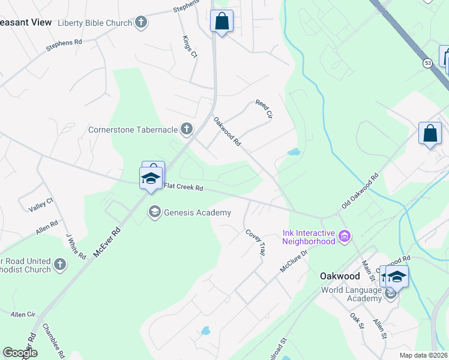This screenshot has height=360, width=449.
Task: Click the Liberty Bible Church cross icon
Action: click(x=141, y=23)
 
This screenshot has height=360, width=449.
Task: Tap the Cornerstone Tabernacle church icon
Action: click(x=187, y=128)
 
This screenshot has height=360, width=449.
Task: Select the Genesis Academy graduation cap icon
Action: click(x=155, y=212)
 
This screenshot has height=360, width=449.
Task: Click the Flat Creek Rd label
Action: click(x=184, y=188)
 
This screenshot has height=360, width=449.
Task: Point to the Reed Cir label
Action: click(x=264, y=109)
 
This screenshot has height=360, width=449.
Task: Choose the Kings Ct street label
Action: click(x=189, y=46)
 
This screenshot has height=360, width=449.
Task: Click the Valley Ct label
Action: click(x=41, y=205)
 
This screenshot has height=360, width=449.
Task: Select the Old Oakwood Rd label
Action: click(x=360, y=191)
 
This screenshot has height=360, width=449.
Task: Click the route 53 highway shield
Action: click(x=427, y=62)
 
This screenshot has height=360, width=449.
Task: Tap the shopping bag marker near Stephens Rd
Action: click(x=221, y=21)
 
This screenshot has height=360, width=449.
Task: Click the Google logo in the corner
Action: click(x=19, y=353)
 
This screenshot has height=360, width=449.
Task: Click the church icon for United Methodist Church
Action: click(x=59, y=264)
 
